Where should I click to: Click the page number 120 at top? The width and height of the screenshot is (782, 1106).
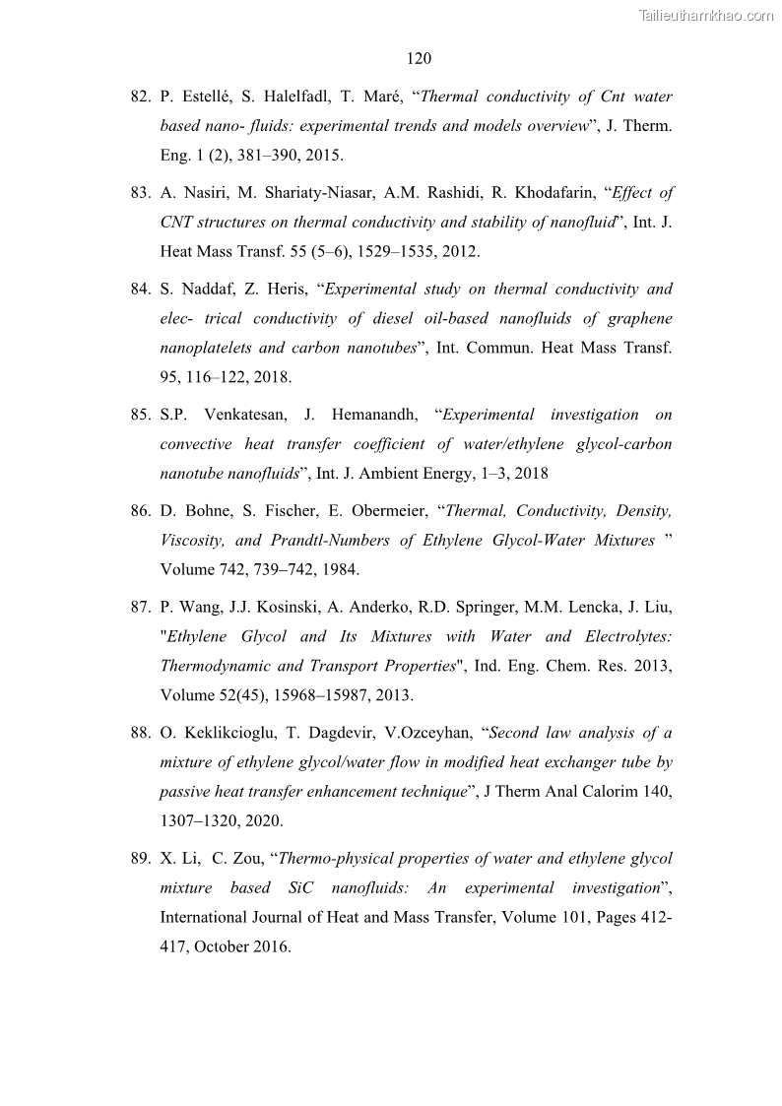[419, 59]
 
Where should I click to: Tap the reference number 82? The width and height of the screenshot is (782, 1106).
[139, 98]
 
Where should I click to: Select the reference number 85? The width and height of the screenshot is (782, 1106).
[139, 416]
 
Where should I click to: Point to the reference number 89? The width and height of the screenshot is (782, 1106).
[139, 859]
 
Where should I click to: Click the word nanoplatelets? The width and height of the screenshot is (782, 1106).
[208, 349]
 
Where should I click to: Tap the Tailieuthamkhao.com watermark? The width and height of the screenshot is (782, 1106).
[706, 15]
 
